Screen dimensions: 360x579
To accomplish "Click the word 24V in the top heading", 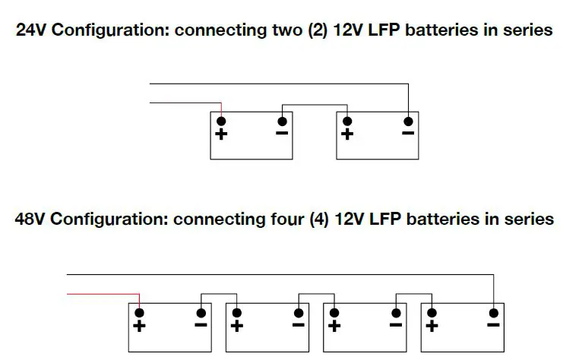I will pos(32,30).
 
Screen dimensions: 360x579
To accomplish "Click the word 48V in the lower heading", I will pos(31,219).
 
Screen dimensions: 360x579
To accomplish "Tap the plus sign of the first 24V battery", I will pos(221,134).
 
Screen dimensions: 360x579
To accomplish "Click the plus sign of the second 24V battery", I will pos(347,134).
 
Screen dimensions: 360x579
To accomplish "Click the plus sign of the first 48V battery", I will pos(139,327).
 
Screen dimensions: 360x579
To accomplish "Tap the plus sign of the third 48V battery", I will pos(334,327).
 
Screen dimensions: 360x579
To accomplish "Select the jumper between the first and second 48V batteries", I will pos(218,294).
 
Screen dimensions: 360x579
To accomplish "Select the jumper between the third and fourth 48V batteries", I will pos(414,294).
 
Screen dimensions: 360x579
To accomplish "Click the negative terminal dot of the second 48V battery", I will pos(298,312).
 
